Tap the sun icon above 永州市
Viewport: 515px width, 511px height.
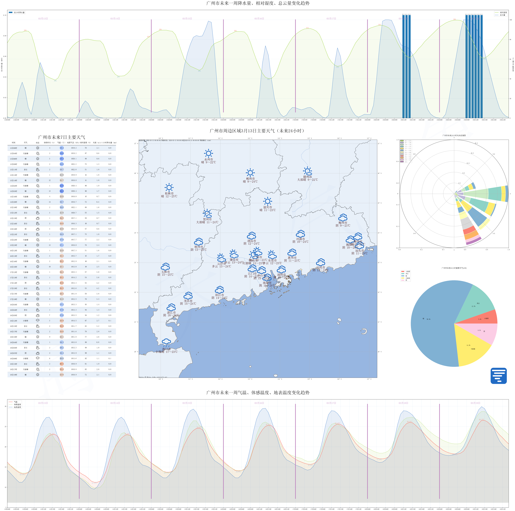[208, 153]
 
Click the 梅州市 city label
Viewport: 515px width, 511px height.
[343, 223]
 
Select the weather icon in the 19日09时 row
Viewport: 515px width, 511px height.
[38, 358]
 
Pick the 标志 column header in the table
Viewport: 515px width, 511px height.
[38, 143]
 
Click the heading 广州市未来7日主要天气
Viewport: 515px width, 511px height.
[62, 137]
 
